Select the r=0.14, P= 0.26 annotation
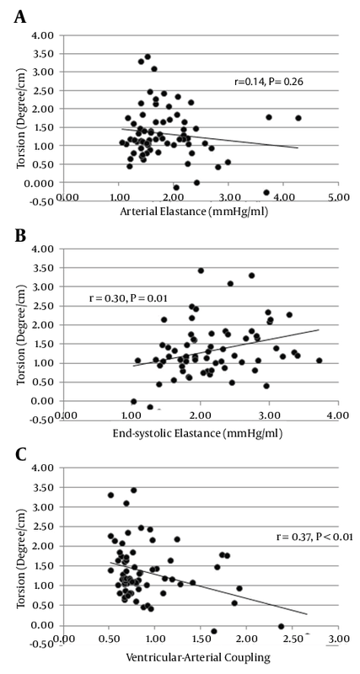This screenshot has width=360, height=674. pyautogui.click(x=266, y=81)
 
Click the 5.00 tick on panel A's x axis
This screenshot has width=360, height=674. pyautogui.click(x=338, y=199)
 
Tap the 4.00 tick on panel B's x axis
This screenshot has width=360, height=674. pyautogui.click(x=338, y=416)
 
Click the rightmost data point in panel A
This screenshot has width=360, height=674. pyautogui.click(x=298, y=118)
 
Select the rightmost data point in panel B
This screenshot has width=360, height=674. pyautogui.click(x=320, y=361)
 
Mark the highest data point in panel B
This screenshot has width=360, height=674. pyautogui.click(x=201, y=270)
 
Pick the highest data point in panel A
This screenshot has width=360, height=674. pyautogui.click(x=148, y=56)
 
